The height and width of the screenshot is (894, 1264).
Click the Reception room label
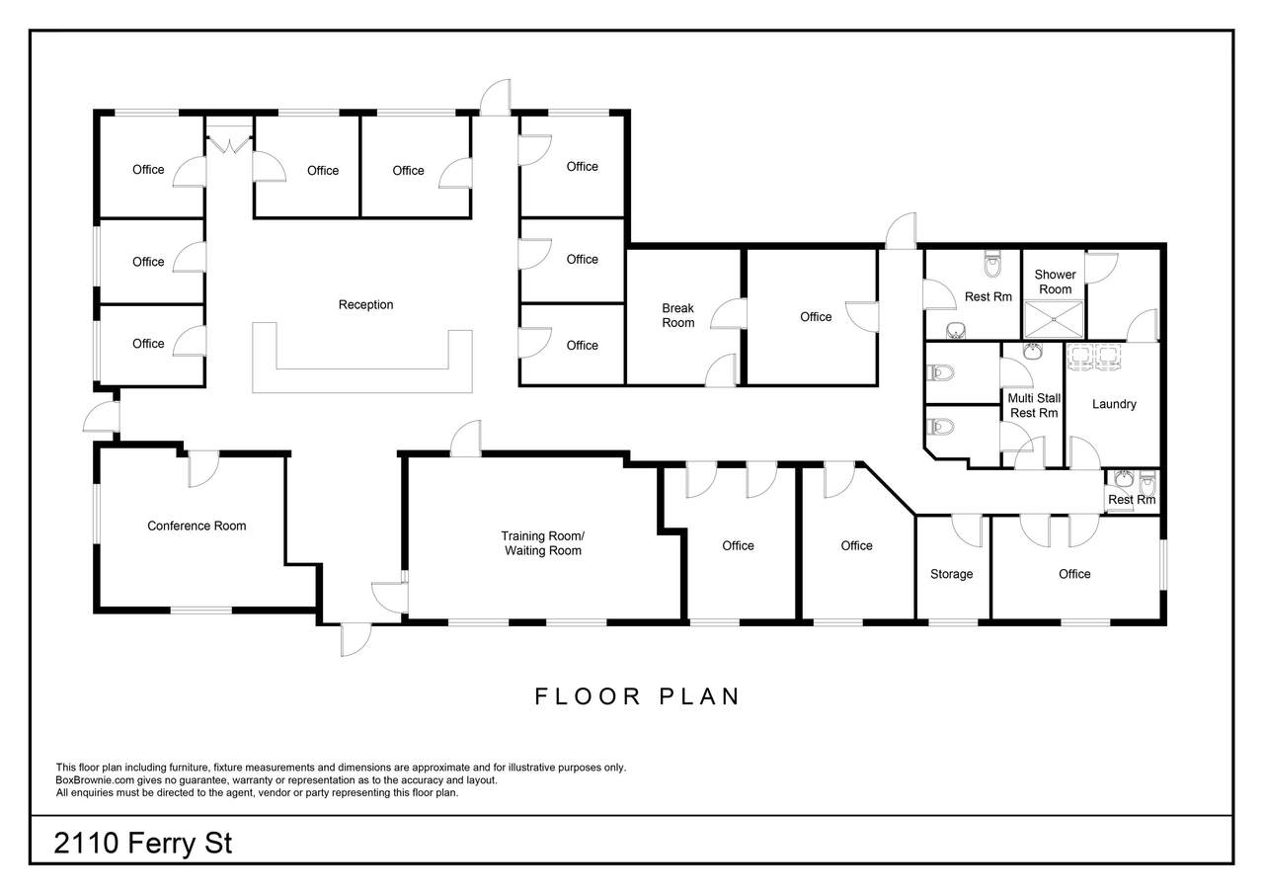(365, 305)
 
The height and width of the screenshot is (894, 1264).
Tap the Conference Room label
(197, 526)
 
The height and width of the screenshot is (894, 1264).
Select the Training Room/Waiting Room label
(543, 543)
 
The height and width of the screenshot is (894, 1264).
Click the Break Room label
(677, 315)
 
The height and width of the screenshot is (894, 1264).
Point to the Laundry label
(1114, 404)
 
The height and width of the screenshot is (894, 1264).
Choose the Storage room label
(951, 574)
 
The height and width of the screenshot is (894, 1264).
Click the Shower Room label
(1055, 282)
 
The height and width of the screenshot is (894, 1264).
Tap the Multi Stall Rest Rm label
(1034, 406)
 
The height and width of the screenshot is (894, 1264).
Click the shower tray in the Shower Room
(1054, 320)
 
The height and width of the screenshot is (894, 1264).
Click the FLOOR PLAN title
(637, 696)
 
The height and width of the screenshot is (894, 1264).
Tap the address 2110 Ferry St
(143, 843)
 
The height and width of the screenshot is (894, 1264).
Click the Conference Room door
(203, 469)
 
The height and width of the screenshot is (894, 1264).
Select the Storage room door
(968, 530)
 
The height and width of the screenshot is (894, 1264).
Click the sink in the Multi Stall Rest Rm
(1032, 351)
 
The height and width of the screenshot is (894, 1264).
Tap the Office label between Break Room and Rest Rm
(816, 317)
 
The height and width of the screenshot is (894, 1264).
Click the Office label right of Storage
(1073, 574)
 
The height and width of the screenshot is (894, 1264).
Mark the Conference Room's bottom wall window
(200, 610)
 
